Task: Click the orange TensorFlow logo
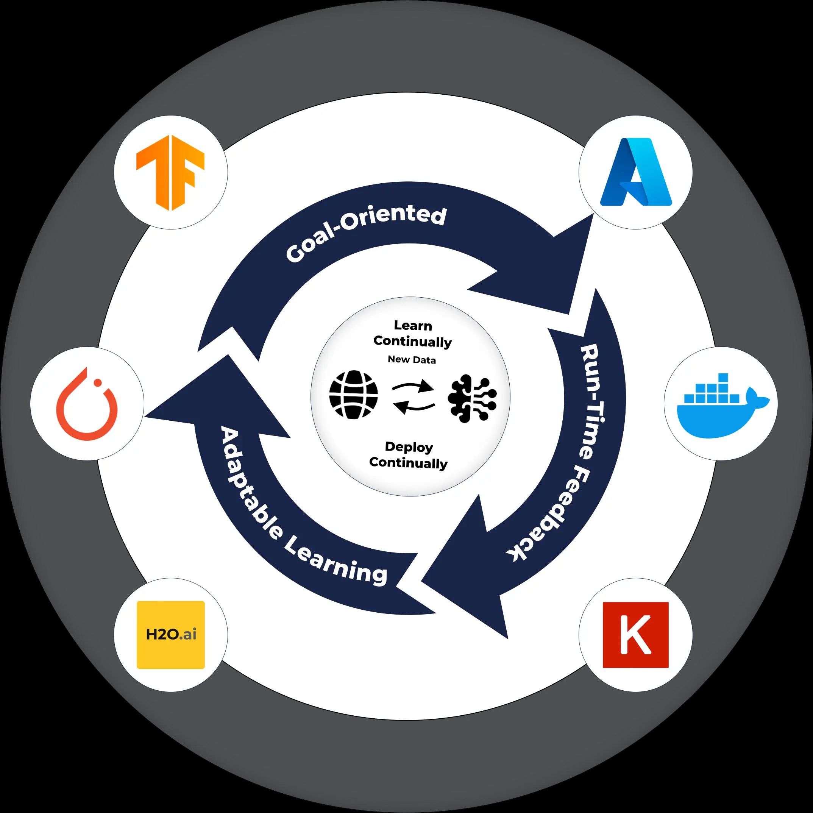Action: click(x=170, y=173)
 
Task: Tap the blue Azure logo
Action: click(x=635, y=173)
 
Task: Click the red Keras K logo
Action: click(x=635, y=635)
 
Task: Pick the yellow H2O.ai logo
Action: click(x=170, y=635)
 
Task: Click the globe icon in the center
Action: click(x=353, y=395)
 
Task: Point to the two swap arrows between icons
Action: click(x=413, y=396)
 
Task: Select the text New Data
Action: click(x=412, y=360)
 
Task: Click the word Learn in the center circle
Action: click(x=413, y=326)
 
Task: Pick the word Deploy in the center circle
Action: click(x=409, y=447)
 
